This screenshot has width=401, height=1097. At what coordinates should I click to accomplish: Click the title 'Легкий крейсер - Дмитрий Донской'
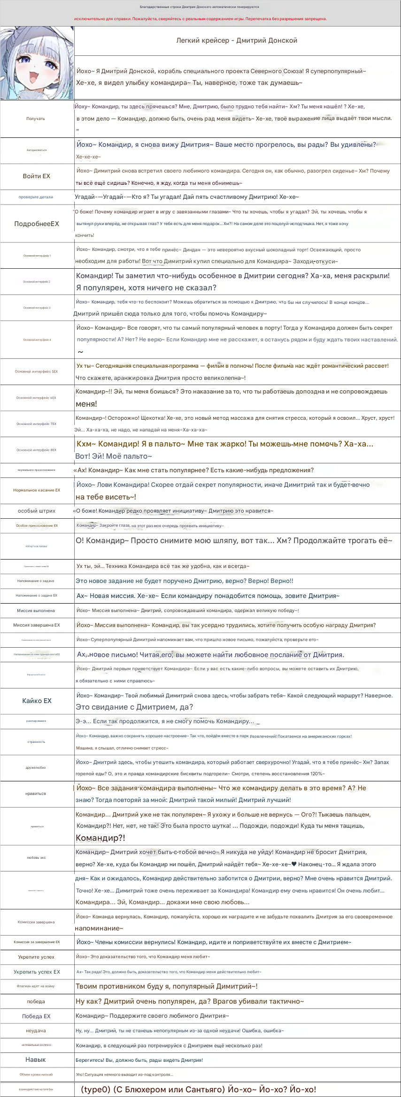pyautogui.click(x=237, y=40)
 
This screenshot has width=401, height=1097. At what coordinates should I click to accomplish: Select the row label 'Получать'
pyautogui.click(x=36, y=119)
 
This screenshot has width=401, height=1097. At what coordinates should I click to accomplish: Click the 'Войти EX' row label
pyautogui.click(x=36, y=176)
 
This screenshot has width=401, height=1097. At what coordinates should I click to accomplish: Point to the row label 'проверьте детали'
pyautogui.click(x=36, y=197)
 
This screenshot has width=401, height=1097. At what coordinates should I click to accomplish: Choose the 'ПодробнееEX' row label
pyautogui.click(x=37, y=224)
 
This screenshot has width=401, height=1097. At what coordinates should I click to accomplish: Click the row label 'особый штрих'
pyautogui.click(x=37, y=511)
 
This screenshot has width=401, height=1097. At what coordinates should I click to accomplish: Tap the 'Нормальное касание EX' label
pyautogui.click(x=37, y=490)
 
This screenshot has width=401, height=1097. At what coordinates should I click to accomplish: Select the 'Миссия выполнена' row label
pyautogui.click(x=36, y=611)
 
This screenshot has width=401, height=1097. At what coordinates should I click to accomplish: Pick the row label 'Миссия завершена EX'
pyautogui.click(x=37, y=625)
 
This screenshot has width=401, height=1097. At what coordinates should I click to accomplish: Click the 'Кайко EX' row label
pyautogui.click(x=37, y=701)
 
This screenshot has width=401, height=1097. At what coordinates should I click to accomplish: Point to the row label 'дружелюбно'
pyautogui.click(x=36, y=768)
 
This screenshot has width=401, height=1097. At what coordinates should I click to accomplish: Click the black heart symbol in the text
pyautogui.click(x=294, y=864)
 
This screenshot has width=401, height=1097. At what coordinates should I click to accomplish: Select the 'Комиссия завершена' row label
pyautogui.click(x=36, y=922)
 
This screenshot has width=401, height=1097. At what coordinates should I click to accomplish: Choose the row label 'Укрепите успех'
pyautogui.click(x=36, y=957)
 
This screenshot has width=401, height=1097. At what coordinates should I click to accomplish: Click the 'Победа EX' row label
pyautogui.click(x=36, y=1016)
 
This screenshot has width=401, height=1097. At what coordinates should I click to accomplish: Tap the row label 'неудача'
pyautogui.click(x=36, y=1031)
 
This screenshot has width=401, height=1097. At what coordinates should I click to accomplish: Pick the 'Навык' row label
pyautogui.click(x=36, y=1059)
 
